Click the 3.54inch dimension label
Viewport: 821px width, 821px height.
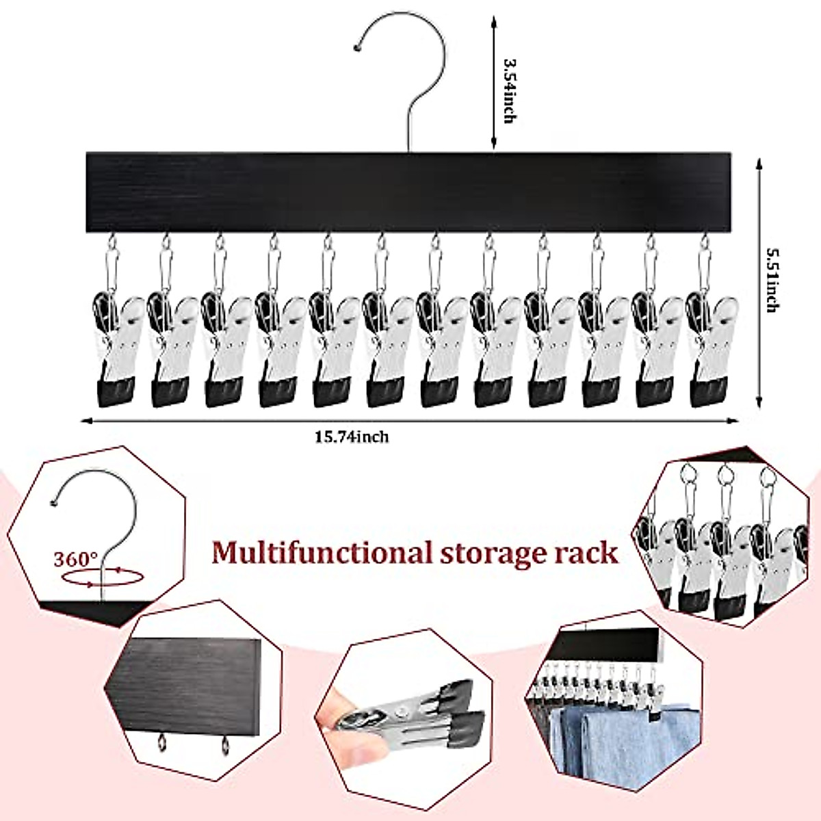tap(508, 91)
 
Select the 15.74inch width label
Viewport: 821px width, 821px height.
tap(352, 436)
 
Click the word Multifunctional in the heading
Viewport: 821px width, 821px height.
tap(321, 552)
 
